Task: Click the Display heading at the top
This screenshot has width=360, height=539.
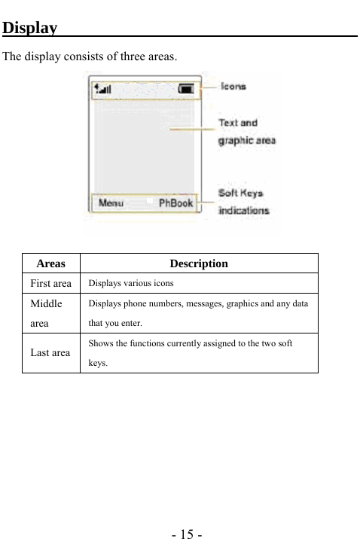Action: (x=30, y=29)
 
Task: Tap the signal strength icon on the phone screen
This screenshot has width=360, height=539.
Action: (x=102, y=90)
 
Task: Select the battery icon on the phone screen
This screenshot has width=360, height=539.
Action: (x=186, y=90)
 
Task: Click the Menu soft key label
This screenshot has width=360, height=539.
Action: (x=111, y=203)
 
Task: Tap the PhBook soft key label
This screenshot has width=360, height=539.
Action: (x=175, y=203)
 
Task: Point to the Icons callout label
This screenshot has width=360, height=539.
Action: (x=233, y=87)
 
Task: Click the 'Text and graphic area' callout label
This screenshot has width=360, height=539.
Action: (x=246, y=131)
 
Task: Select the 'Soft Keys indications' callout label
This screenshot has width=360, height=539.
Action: (x=243, y=202)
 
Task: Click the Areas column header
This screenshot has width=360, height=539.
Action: (x=50, y=263)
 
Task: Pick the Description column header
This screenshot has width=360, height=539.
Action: (x=199, y=263)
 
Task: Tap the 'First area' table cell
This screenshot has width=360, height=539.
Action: (x=51, y=284)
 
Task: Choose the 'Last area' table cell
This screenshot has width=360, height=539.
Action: (x=51, y=352)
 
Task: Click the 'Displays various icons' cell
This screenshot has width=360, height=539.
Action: (x=131, y=284)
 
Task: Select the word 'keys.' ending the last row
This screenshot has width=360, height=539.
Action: (x=98, y=362)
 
